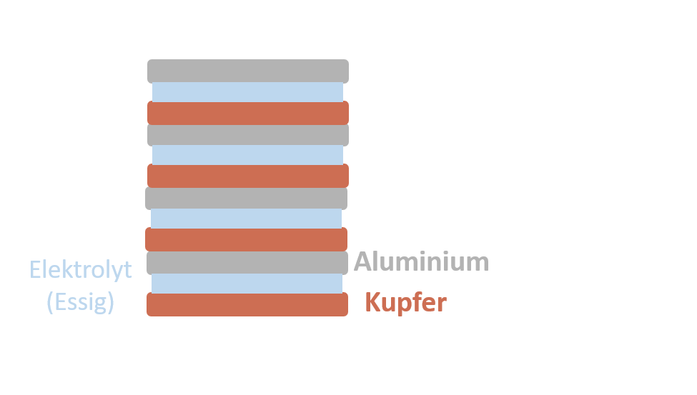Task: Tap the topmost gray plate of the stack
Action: [248, 71]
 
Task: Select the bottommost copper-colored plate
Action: [247, 304]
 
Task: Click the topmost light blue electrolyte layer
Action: [247, 92]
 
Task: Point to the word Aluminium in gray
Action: [422, 262]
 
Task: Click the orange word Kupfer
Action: [405, 302]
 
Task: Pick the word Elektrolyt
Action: [81, 270]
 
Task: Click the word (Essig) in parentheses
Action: [81, 302]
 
